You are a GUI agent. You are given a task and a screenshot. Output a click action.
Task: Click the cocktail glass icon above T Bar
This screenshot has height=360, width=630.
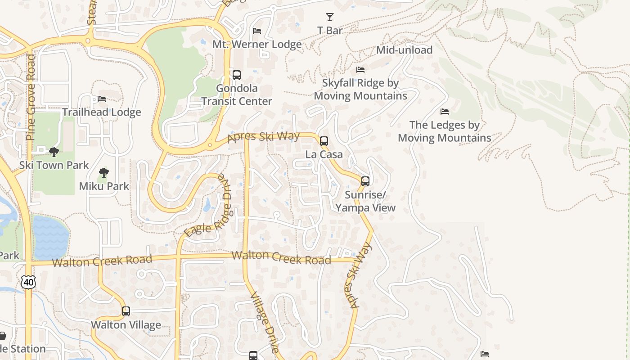(330, 17)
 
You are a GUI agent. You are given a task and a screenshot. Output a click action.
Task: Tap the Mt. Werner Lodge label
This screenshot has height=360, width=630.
(257, 44)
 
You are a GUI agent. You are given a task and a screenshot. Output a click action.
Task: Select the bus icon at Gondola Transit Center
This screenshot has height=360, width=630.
(237, 75)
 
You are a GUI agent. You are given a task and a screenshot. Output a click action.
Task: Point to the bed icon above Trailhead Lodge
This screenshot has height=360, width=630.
(102, 99)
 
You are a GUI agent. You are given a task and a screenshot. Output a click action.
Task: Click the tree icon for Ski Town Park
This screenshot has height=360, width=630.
(54, 152)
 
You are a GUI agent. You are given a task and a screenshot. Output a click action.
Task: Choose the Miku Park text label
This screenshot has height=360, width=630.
(104, 186)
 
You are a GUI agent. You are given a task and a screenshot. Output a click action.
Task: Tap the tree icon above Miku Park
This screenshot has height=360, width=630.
(104, 173)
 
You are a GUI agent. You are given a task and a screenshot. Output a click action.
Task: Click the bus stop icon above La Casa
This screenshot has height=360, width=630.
(324, 141)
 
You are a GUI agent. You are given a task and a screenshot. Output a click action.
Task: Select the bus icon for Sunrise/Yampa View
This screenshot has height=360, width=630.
(365, 181)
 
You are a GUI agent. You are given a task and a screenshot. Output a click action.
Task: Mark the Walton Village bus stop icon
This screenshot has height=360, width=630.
(126, 311)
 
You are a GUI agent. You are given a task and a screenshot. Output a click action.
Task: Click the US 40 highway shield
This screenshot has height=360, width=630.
(28, 282)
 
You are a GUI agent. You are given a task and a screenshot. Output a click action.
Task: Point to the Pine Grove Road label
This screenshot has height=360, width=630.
(31, 97)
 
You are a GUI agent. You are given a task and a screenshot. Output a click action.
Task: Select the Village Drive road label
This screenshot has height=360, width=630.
(265, 322)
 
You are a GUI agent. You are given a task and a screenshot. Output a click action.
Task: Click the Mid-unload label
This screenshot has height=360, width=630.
(404, 50)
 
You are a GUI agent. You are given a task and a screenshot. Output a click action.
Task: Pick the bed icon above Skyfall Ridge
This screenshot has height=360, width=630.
(360, 70)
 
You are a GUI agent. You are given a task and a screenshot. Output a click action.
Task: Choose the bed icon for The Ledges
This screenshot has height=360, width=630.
(445, 112)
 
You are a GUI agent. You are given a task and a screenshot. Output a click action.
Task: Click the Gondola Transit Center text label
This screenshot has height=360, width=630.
(237, 94)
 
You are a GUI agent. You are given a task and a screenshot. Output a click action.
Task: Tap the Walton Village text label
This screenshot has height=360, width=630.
(126, 325)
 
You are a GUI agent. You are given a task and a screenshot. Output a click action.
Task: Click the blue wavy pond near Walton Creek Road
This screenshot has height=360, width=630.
(50, 237)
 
